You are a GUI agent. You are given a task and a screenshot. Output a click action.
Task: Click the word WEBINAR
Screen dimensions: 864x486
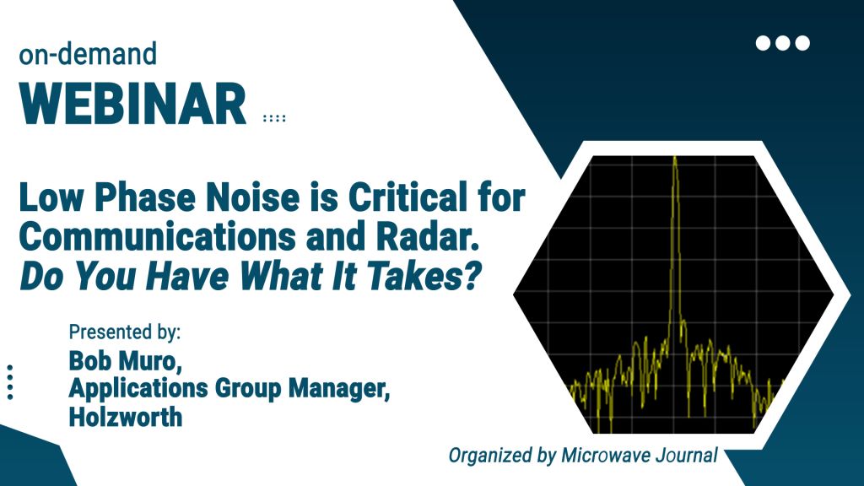pos(132,105)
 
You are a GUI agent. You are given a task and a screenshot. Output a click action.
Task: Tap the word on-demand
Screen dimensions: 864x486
pos(88,55)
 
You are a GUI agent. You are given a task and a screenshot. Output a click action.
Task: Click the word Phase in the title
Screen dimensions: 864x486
pos(145,197)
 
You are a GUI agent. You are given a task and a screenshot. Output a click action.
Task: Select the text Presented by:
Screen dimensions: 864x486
pos(125,332)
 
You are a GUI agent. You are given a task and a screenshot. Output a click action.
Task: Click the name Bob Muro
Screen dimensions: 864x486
pos(125,362)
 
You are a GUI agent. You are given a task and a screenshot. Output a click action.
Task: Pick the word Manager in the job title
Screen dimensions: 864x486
pos(339,388)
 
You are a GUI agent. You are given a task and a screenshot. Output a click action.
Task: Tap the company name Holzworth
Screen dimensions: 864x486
pos(126,417)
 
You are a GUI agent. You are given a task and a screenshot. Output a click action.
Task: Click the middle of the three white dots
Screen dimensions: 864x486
pos(782,43)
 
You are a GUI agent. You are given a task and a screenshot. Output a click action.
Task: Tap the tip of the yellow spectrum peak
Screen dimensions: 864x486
pos(675,158)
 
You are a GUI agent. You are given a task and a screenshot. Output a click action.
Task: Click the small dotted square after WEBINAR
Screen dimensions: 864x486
pos(274,118)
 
